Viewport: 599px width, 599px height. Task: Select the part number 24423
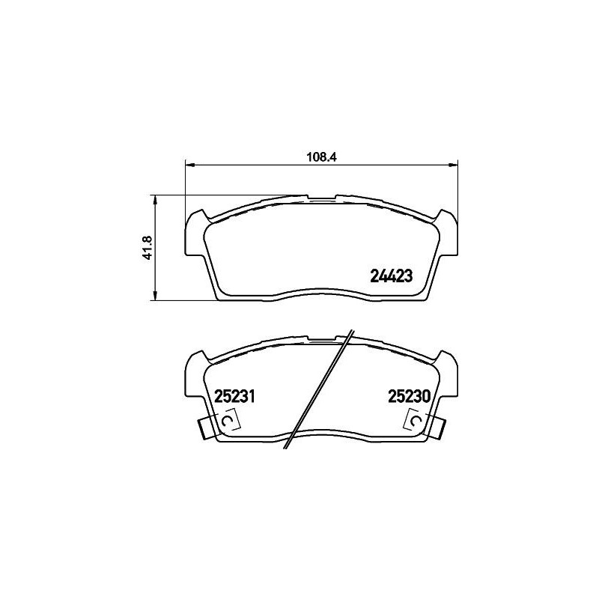(392, 276)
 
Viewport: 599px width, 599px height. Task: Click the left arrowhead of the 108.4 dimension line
(189, 165)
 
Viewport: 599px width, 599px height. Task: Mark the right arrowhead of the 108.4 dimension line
(453, 165)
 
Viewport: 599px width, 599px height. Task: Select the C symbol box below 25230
(416, 423)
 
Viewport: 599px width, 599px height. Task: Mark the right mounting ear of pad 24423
(448, 236)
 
